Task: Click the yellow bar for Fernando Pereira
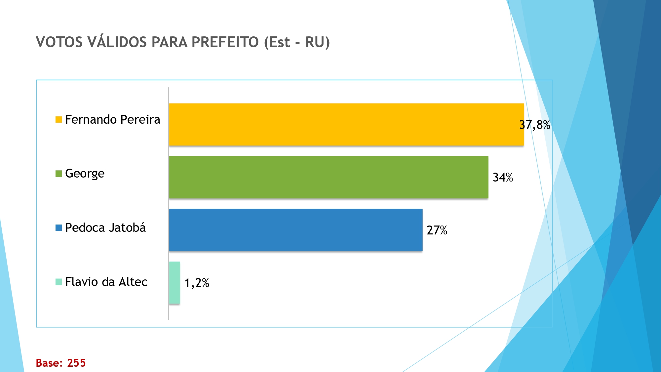[346, 124]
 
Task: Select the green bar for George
[328, 177]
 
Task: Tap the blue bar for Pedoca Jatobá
[295, 230]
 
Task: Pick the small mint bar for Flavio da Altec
[175, 283]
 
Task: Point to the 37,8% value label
[534, 125]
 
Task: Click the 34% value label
[503, 178]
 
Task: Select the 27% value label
[437, 230]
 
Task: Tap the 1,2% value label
[197, 283]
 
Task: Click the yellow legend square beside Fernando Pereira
[59, 120]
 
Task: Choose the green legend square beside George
[59, 174]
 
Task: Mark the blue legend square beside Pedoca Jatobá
[59, 228]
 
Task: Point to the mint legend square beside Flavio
[59, 282]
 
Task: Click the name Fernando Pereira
[112, 119]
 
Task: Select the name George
[85, 174]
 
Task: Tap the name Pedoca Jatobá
[105, 228]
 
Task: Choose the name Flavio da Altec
[106, 282]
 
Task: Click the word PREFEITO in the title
[225, 42]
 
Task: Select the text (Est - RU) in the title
[297, 42]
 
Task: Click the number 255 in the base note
[76, 363]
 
